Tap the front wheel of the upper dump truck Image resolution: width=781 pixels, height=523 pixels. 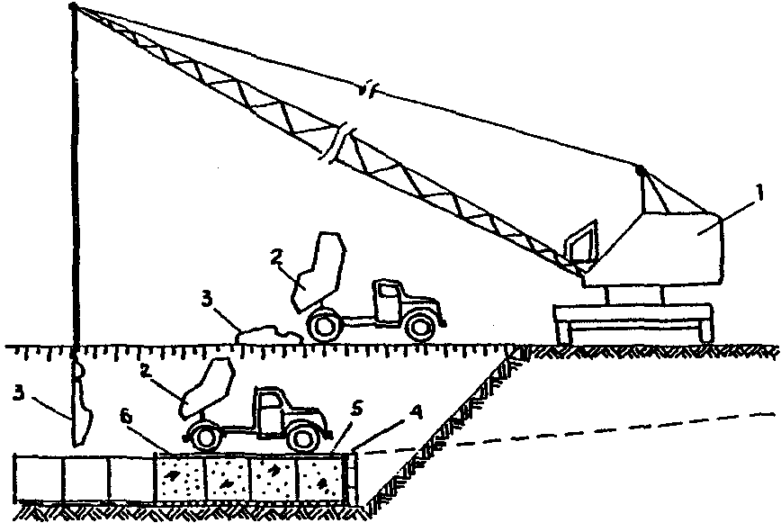[417, 325]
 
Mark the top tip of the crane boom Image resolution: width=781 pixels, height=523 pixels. [72, 8]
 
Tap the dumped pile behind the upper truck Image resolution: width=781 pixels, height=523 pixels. [266, 333]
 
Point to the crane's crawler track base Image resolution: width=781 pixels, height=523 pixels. [633, 322]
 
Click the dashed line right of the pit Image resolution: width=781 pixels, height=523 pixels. [558, 435]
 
